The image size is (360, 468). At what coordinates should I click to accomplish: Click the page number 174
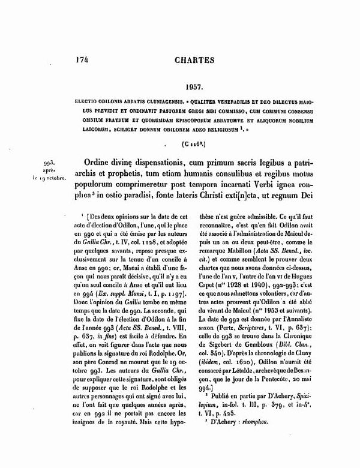(x=83, y=60)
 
